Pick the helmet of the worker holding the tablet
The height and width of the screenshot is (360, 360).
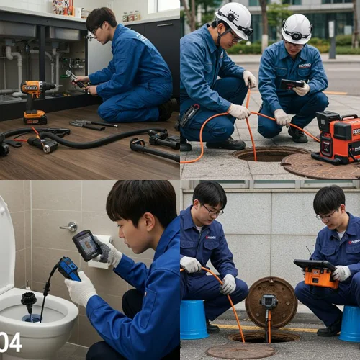tap(296, 29)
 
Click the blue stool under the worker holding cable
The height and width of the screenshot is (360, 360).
tap(194, 320)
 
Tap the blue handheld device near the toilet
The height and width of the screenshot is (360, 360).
tap(69, 269)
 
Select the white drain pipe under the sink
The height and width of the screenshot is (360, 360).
tap(14, 61)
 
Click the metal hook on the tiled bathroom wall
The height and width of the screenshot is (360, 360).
tap(68, 227)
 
